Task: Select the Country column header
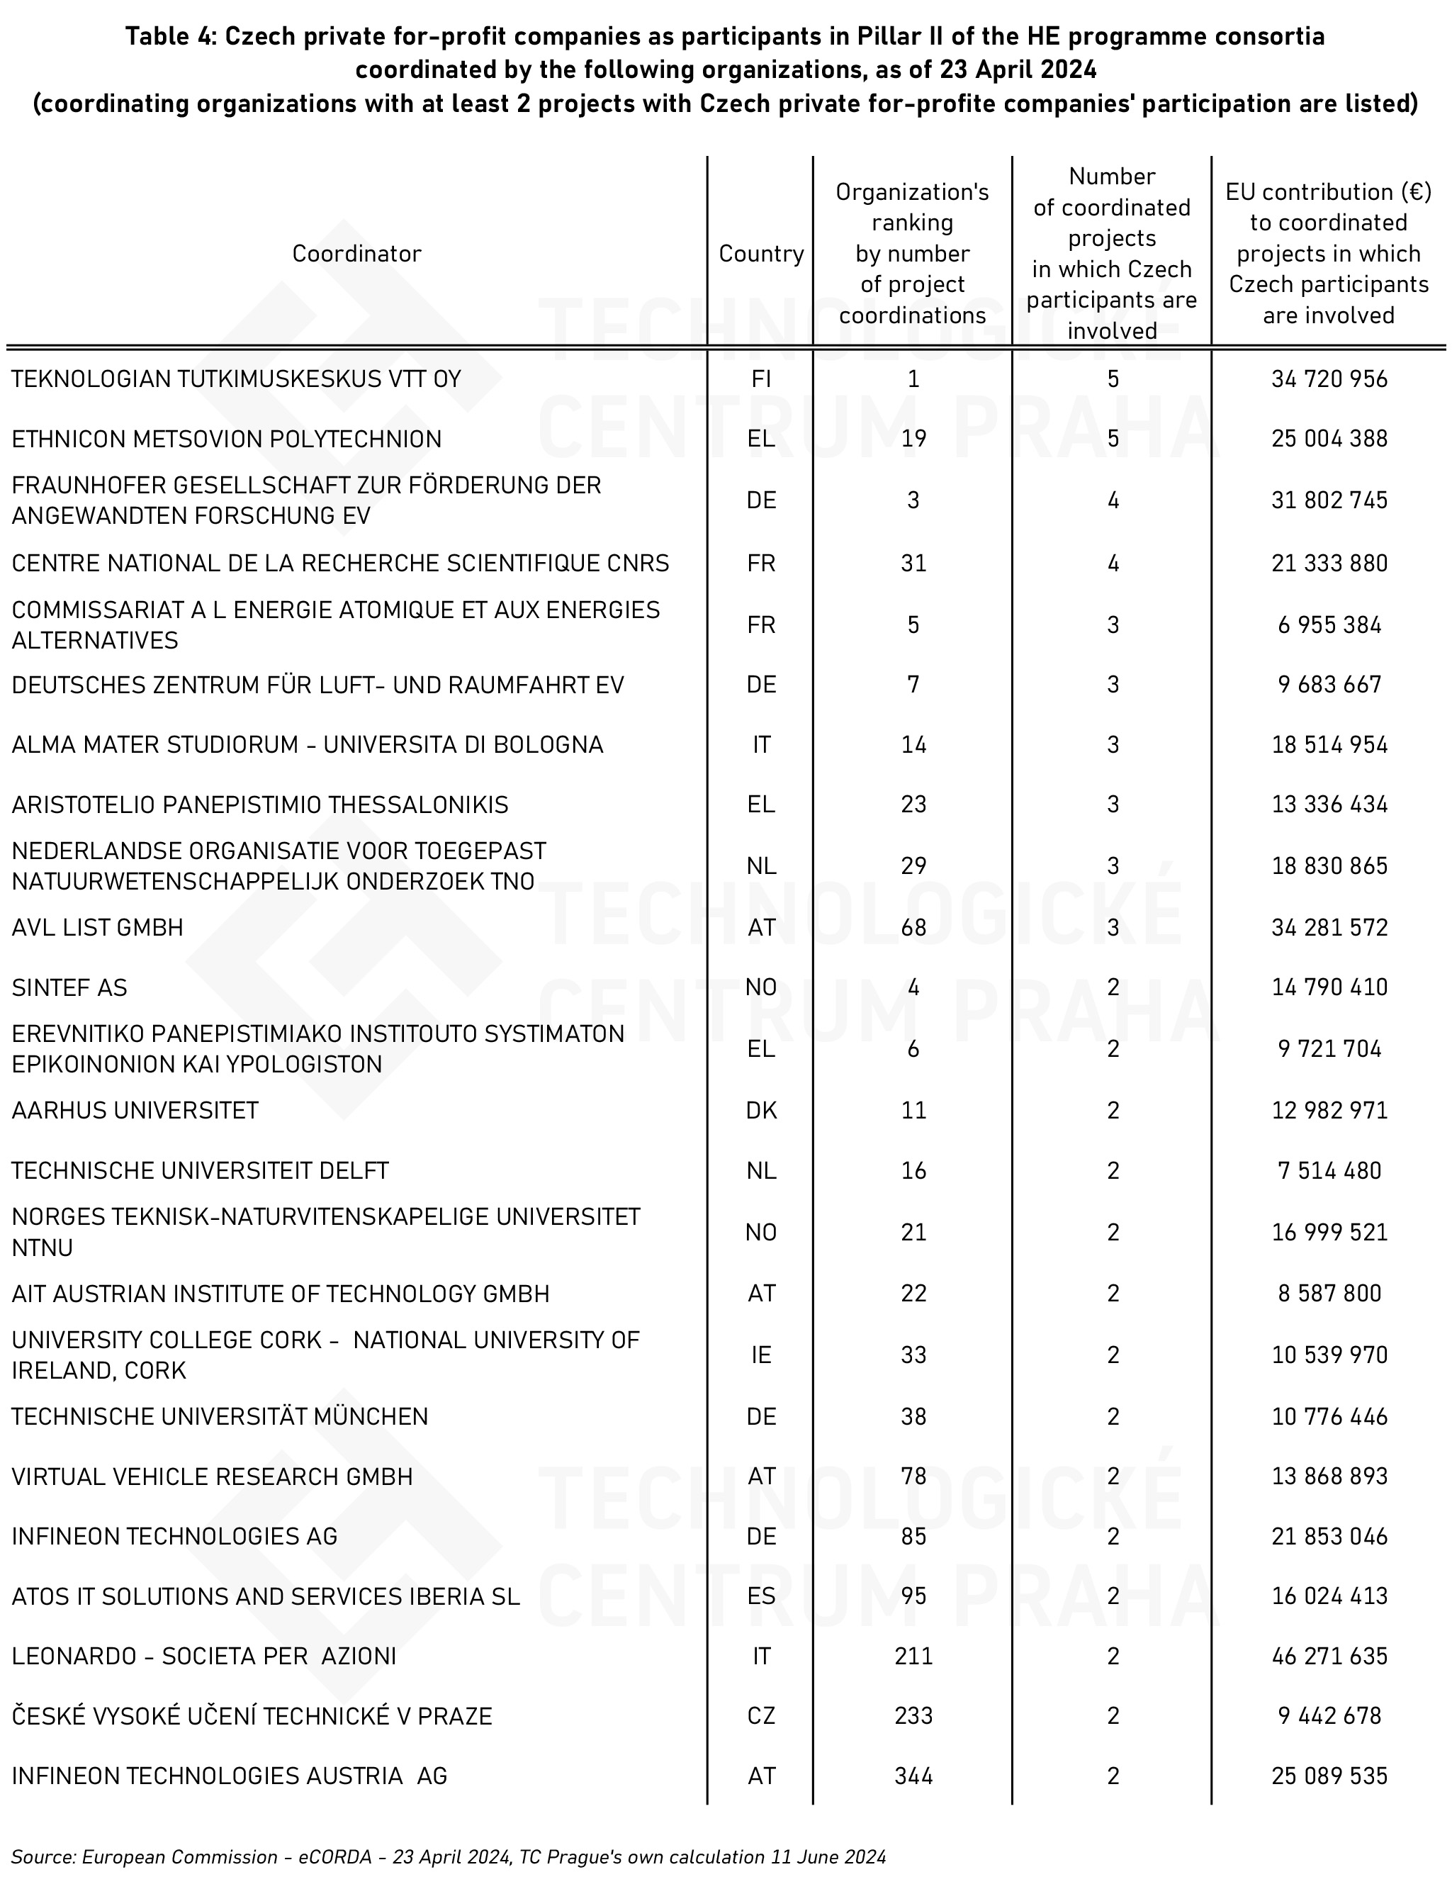click(760, 253)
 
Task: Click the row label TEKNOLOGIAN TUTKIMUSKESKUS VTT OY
click(236, 379)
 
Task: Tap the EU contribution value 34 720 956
click(1329, 379)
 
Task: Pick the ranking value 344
click(913, 1776)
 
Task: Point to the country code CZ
click(760, 1715)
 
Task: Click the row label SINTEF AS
click(69, 987)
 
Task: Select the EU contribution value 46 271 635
click(1329, 1656)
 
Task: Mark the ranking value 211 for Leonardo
click(913, 1656)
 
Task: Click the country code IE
click(760, 1355)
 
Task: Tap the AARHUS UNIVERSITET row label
click(135, 1110)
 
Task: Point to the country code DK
click(760, 1110)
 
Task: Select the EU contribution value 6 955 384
click(1329, 625)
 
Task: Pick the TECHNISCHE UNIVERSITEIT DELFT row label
click(200, 1170)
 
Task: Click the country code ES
click(760, 1596)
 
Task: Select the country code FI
click(760, 379)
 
